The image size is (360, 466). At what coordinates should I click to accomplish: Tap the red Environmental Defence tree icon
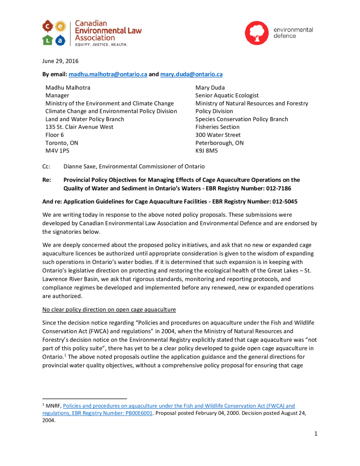coord(257,33)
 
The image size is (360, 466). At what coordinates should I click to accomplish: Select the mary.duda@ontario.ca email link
coord(191,74)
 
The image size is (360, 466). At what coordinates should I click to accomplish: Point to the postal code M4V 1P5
coord(57,150)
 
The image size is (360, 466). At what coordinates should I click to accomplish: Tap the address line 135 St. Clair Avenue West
coord(79,127)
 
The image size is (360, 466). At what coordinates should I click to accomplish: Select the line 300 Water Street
coord(218,135)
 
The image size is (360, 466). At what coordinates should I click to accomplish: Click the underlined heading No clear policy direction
coord(109,309)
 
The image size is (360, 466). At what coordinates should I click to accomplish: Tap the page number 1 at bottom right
coord(315,433)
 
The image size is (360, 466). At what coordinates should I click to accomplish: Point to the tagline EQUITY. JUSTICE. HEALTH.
coord(101,45)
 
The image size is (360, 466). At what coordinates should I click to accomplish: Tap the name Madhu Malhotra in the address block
coord(68,87)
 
